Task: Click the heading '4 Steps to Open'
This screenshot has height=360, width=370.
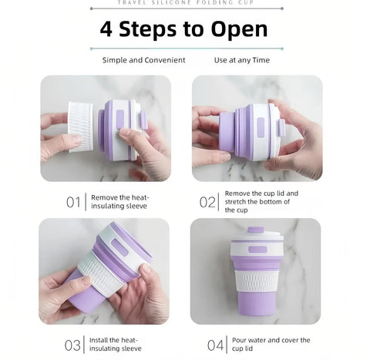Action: pyautogui.click(x=183, y=29)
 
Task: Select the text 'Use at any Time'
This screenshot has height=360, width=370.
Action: pyautogui.click(x=241, y=60)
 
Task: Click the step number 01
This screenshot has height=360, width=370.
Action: pyautogui.click(x=73, y=203)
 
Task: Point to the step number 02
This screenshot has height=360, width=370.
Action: pyautogui.click(x=207, y=203)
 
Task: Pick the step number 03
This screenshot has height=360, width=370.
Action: pyautogui.click(x=73, y=345)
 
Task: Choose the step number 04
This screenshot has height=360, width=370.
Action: pyautogui.click(x=215, y=345)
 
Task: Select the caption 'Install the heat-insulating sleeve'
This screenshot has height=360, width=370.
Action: pyautogui.click(x=116, y=344)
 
